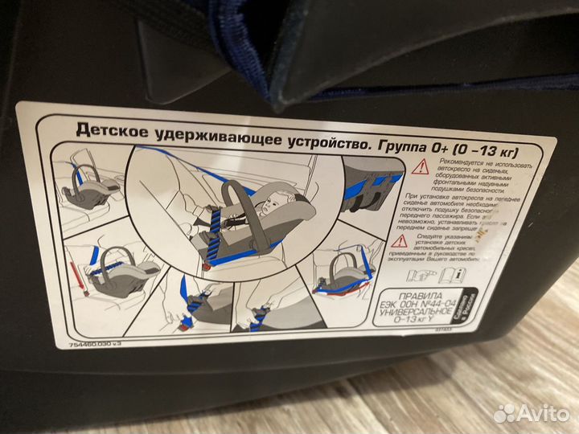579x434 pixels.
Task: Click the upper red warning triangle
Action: tap(420, 167)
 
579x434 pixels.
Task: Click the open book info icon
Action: tap(456, 276)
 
